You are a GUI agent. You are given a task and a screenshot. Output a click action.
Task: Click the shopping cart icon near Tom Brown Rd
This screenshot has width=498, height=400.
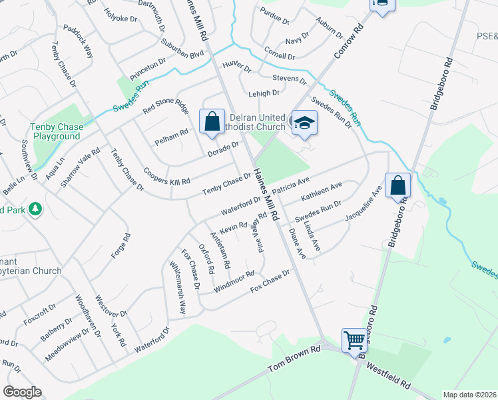click(355, 340)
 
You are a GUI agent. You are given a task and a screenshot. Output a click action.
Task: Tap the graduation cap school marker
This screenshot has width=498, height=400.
click(304, 123)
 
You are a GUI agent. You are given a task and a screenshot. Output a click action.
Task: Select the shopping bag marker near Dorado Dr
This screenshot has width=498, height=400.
click(212, 121)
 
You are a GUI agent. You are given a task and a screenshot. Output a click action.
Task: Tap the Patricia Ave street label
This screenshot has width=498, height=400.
click(296, 185)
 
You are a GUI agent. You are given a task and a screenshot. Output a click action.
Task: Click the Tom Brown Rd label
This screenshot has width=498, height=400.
click(294, 359)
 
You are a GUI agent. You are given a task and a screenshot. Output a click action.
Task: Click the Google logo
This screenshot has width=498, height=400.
click(22, 392)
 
